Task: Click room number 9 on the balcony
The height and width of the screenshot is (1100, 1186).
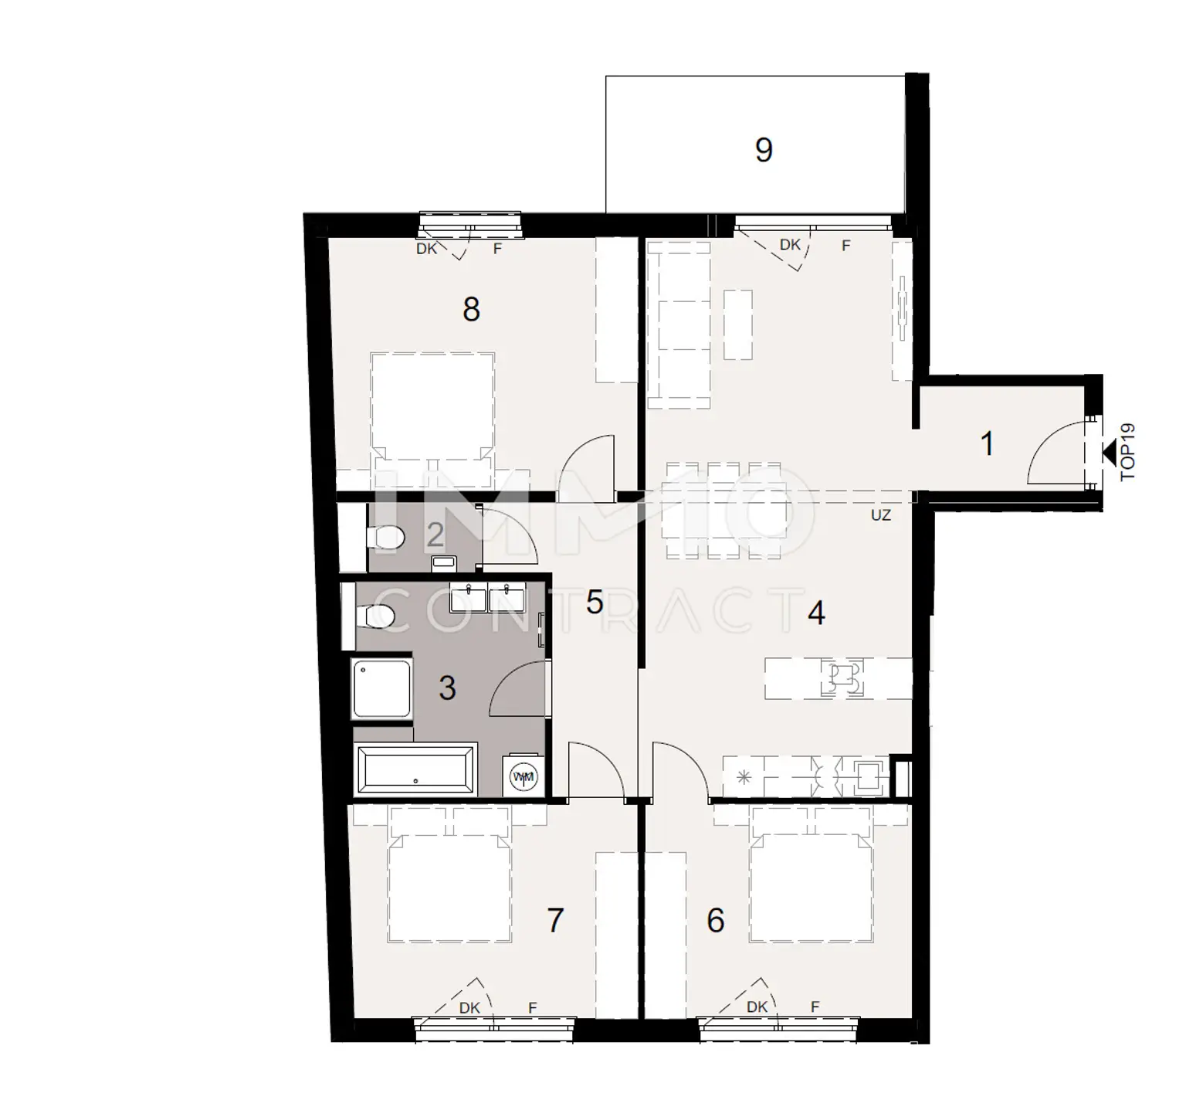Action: [764, 149]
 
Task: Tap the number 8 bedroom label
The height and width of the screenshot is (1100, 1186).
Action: [471, 309]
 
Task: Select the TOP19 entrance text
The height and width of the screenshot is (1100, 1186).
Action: [1128, 452]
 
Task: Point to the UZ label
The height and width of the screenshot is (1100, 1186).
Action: [880, 515]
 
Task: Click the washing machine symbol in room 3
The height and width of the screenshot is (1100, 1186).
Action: [525, 776]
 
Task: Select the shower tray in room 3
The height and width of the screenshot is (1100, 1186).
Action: [382, 689]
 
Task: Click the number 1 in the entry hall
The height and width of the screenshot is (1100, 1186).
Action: [987, 444]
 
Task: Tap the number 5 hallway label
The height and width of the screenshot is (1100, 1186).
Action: [594, 602]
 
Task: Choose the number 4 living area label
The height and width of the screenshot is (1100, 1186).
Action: [816, 613]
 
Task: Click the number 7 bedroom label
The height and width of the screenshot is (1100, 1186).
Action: [554, 920]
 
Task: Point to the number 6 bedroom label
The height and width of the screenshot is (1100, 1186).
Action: [715, 920]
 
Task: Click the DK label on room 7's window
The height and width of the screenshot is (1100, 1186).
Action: [469, 1007]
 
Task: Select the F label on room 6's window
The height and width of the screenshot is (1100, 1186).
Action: [815, 1007]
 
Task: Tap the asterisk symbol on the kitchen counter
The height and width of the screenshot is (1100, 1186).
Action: [744, 777]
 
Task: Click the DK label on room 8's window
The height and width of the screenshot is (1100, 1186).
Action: [426, 249]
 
